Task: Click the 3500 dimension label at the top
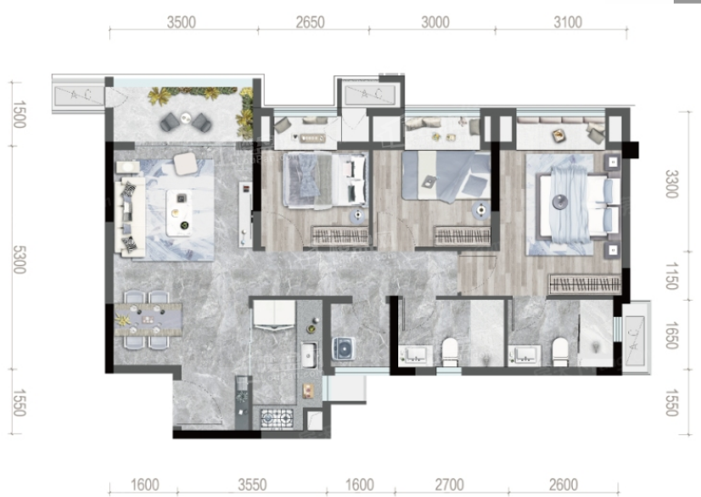pos(181,22)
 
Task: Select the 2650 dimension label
pos(310,22)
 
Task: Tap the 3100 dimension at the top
pos(567,22)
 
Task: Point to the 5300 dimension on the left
pos(19,259)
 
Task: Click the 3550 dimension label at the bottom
pos(252,484)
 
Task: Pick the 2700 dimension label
pos(449,484)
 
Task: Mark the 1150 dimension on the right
pos(672,276)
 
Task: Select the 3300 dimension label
pos(672,184)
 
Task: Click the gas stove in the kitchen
pos(277,418)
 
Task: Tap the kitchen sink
pos(308,354)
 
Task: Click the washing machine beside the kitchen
pos(344,348)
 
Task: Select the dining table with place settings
pos(148,320)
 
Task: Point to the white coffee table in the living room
pos(179,213)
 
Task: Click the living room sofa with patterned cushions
pos(130,217)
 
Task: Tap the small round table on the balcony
pos(186,117)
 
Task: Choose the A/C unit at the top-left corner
pos(79,95)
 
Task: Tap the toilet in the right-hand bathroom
pos(560,351)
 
